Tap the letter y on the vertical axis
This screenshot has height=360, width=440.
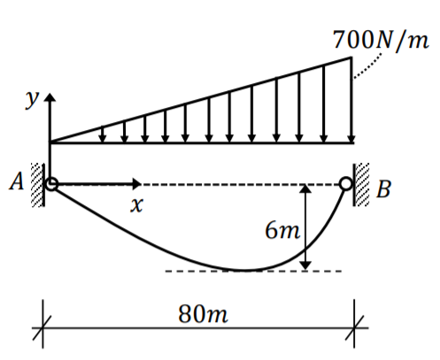33,99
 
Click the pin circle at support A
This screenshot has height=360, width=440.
51,184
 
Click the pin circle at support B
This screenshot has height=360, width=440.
345,184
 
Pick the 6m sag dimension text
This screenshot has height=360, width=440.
282,232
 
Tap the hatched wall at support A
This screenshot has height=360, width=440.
38,184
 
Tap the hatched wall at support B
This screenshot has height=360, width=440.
361,184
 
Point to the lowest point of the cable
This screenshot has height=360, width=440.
250,270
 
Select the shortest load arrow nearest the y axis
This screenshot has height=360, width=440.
104,134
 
